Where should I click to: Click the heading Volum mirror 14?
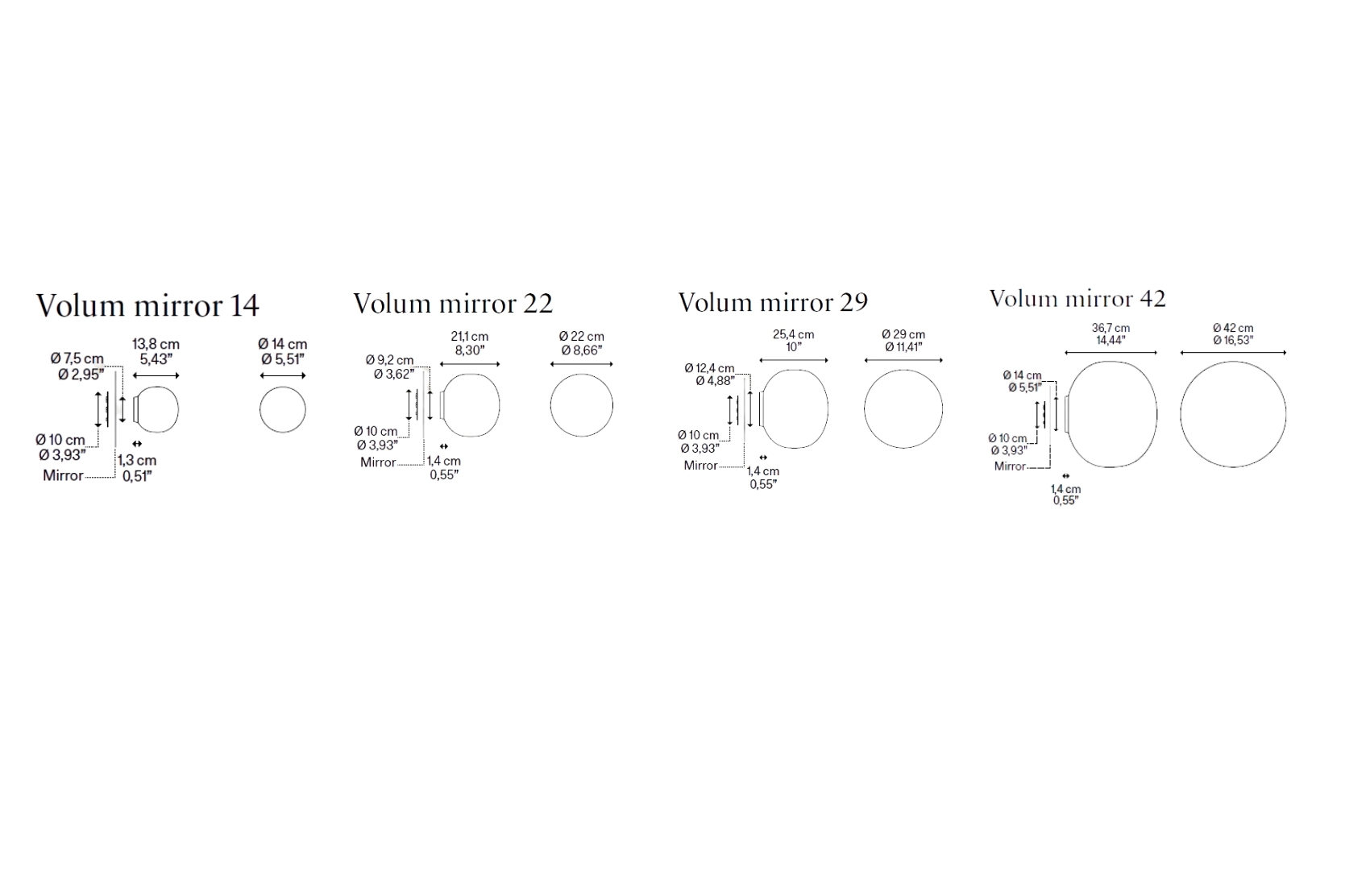[147, 305]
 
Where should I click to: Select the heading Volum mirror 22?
[453, 303]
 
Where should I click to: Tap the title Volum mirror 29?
[773, 302]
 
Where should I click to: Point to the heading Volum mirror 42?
[1077, 299]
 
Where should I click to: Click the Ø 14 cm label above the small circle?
[283, 344]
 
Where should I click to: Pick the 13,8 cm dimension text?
[156, 344]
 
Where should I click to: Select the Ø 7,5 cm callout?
[77, 359]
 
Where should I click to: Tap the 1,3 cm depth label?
[137, 460]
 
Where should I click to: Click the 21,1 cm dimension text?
[470, 337]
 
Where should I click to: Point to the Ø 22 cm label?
[582, 337]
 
